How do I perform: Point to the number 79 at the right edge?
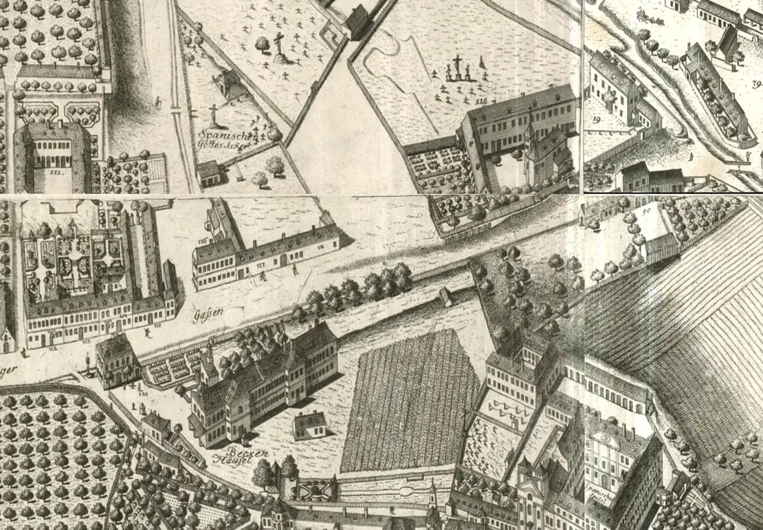[x=757, y=84]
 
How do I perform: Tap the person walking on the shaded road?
[x=158, y=103]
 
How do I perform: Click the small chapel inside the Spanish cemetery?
[x=229, y=85]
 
